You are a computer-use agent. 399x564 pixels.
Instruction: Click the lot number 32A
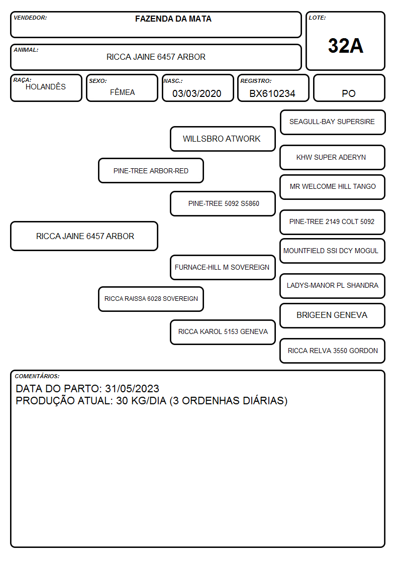coord(345,46)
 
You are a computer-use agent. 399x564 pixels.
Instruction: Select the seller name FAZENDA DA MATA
coord(173,19)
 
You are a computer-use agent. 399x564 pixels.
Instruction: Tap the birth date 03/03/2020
coord(197,93)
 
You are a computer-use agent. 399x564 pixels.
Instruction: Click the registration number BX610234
coord(272,93)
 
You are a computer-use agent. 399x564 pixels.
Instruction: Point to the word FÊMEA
coord(122,92)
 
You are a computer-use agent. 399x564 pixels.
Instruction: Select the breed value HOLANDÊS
coord(46,86)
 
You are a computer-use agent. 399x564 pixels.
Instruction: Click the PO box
coord(349,88)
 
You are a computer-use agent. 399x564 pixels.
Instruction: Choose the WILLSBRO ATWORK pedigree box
coord(223,139)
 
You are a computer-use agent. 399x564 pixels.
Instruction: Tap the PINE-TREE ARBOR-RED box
coord(151,170)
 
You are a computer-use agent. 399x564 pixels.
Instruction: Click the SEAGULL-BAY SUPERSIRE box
coord(333,123)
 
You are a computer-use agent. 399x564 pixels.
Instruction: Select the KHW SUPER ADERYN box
coord(333,157)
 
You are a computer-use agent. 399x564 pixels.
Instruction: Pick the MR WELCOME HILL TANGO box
coord(333,187)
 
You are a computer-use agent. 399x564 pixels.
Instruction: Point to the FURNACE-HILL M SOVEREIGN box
coord(223,267)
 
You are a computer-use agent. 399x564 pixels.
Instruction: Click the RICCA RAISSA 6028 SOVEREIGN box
coord(151,299)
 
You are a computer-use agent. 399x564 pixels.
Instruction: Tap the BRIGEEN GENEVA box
coord(333,315)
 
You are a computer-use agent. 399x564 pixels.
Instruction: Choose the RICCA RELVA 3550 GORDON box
coord(333,351)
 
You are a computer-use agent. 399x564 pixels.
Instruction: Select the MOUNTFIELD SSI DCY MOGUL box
coord(333,251)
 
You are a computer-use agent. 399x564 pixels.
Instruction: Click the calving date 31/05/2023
coord(132,388)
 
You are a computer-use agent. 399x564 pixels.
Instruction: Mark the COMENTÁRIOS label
coord(37,376)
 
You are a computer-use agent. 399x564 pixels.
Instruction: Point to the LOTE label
coord(317,18)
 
